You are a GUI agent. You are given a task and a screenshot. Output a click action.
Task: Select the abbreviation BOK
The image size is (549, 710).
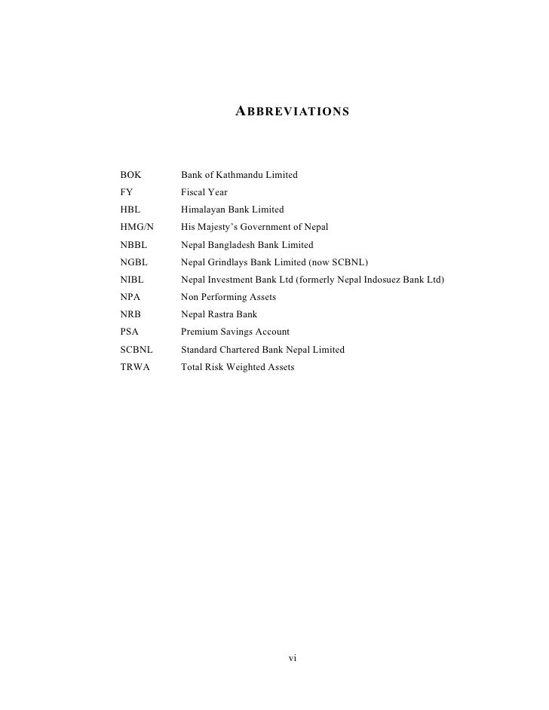tap(130, 175)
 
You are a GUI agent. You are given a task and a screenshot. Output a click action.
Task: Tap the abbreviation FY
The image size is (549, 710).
tap(126, 192)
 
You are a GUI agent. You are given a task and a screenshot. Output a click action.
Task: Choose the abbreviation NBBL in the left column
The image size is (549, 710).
tap(133, 245)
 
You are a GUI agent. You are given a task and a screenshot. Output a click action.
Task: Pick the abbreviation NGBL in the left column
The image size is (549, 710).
tap(133, 262)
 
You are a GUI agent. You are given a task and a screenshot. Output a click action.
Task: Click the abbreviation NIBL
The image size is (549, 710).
tap(132, 280)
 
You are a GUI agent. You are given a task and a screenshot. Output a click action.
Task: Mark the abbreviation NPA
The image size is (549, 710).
tap(130, 297)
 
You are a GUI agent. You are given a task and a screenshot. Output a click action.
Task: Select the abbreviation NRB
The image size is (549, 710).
tap(130, 314)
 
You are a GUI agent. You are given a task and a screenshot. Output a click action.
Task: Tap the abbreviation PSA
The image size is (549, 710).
tap(130, 332)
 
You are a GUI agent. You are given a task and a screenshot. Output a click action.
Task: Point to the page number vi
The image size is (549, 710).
tap(293, 658)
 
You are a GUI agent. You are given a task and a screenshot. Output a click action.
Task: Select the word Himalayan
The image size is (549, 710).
tap(205, 210)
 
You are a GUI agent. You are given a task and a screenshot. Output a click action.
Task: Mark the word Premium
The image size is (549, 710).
tap(200, 332)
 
